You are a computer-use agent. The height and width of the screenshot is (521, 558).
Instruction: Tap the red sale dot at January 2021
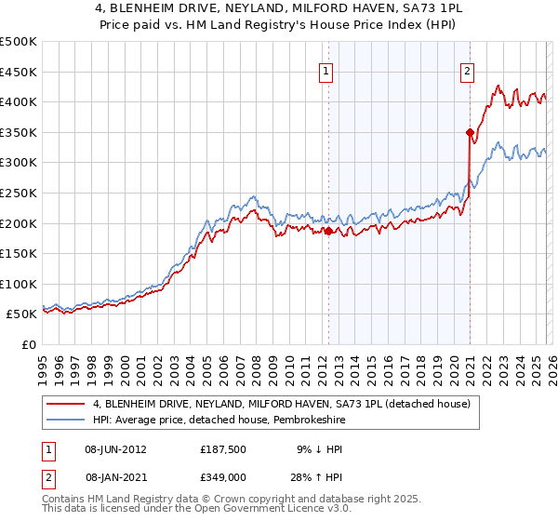[470, 133]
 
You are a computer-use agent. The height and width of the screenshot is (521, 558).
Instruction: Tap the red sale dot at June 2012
[328, 231]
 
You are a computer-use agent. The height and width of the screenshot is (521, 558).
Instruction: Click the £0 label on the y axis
[28, 344]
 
